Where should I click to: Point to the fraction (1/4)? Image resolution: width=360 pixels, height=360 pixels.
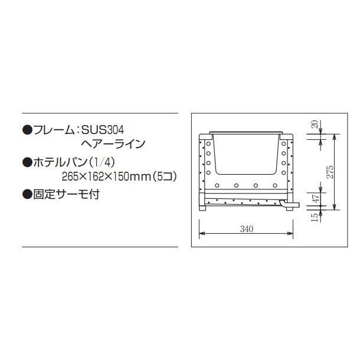(103, 161)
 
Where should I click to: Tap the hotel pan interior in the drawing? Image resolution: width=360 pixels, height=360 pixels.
(246, 155)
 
